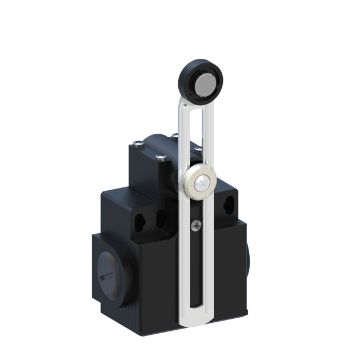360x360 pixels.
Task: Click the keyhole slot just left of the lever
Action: (x=161, y=217)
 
